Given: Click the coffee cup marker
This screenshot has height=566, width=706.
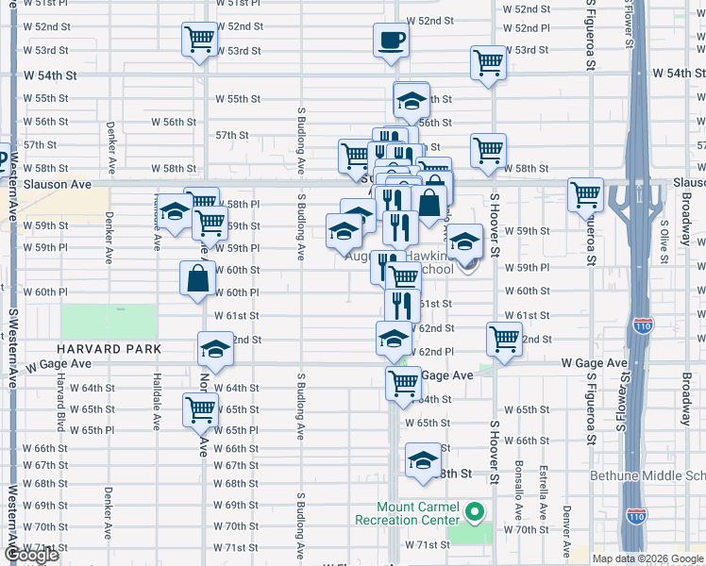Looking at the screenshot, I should click(x=391, y=41).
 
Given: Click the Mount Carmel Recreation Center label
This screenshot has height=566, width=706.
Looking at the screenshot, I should click(x=406, y=513).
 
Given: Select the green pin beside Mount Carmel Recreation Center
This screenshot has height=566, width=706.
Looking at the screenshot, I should click(x=475, y=513).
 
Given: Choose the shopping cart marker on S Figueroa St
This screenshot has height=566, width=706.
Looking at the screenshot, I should click(x=586, y=194).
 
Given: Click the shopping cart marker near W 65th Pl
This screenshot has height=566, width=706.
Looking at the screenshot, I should click(x=200, y=410).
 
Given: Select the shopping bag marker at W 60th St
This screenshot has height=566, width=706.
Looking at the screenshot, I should click(x=197, y=278).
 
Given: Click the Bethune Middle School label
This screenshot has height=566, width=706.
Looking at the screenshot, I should click(x=647, y=475).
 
